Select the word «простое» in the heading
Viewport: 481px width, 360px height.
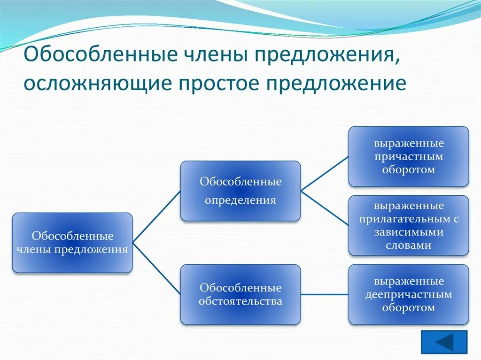[x=215, y=83]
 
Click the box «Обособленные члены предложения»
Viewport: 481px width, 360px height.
[x=72, y=243]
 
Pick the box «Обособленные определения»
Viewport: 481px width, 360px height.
[x=240, y=191]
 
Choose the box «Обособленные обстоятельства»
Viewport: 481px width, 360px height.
[x=240, y=294]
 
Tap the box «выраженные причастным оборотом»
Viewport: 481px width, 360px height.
[x=409, y=156]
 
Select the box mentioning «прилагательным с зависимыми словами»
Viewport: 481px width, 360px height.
[x=409, y=225]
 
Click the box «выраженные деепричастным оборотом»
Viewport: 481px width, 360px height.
[x=409, y=294]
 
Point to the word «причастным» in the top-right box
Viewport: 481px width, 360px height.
[x=409, y=156]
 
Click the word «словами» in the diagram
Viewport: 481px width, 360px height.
[x=408, y=245]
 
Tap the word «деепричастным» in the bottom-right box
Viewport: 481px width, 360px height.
[x=409, y=295]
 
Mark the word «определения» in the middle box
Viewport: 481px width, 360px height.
[x=240, y=200]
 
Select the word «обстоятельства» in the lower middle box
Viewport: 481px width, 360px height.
[x=240, y=301]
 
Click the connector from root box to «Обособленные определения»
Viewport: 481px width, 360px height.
[x=157, y=216]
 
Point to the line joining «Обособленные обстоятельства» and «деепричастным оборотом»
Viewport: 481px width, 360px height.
[x=325, y=294]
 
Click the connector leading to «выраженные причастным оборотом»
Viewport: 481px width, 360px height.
[x=325, y=174]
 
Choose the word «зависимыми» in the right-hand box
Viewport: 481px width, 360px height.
[x=408, y=232]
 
